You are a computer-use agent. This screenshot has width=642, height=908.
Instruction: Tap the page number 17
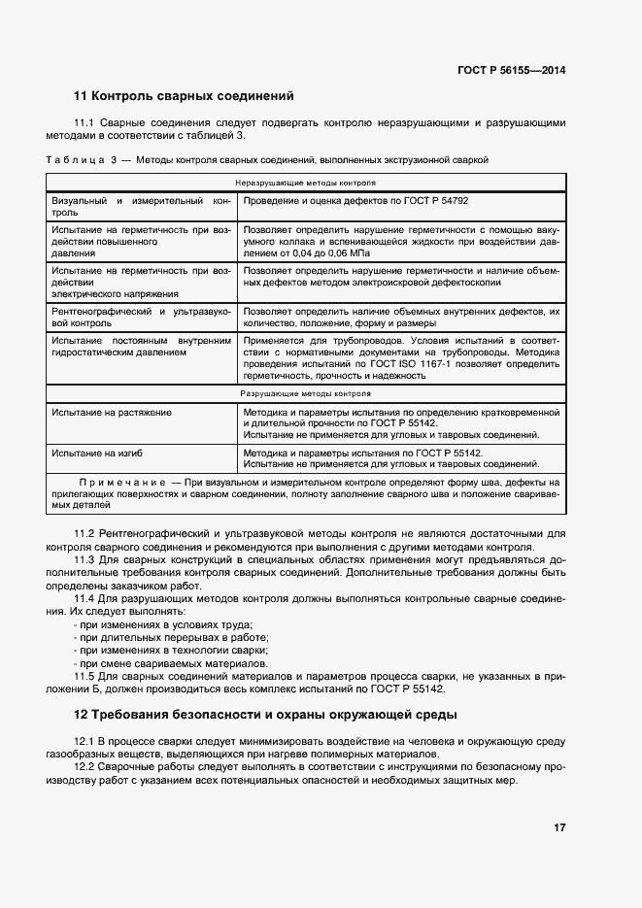(559, 827)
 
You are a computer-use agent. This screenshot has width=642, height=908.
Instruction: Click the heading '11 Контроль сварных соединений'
(184, 96)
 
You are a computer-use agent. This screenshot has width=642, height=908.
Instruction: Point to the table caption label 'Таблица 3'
(82, 158)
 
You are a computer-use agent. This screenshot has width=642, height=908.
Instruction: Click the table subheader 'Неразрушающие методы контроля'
(306, 183)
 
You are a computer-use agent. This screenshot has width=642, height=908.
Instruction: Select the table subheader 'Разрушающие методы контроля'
(306, 395)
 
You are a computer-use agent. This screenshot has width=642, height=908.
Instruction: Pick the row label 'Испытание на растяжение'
(112, 413)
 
